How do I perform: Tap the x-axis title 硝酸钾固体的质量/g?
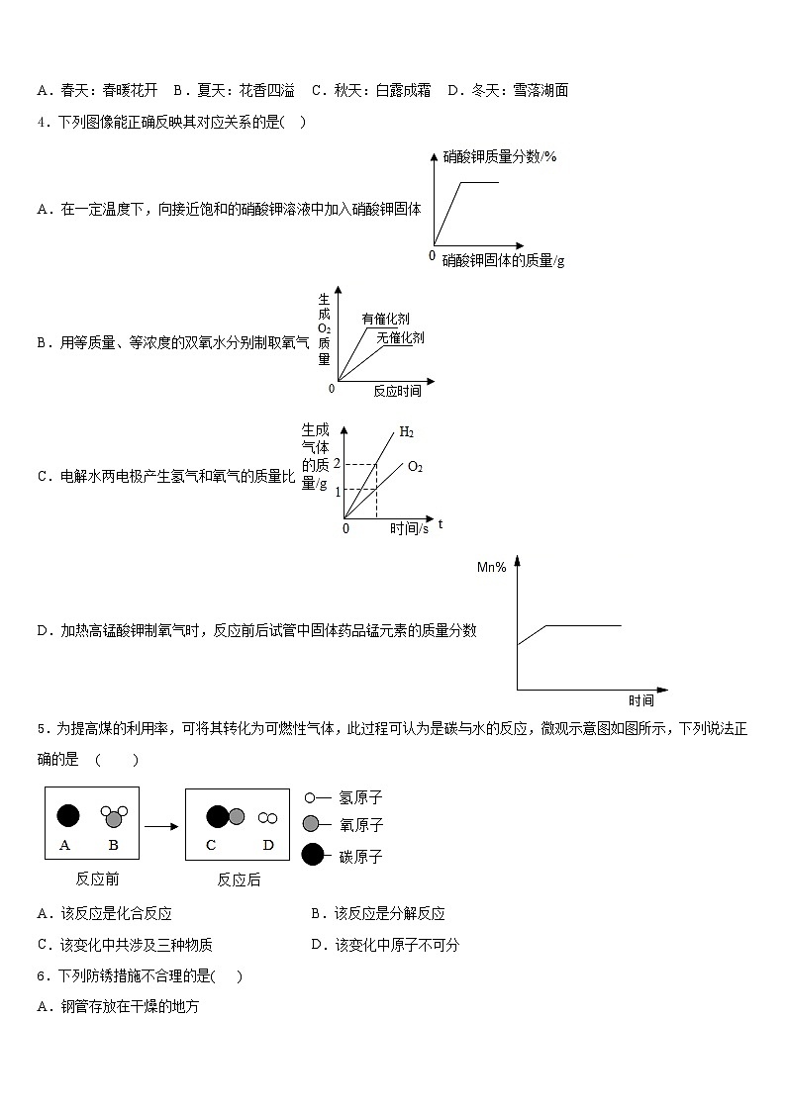[x=503, y=260]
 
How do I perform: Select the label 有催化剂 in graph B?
[x=385, y=319]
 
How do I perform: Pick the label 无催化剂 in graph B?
[x=400, y=337]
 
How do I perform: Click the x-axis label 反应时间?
[x=397, y=391]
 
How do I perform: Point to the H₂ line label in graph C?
[x=406, y=432]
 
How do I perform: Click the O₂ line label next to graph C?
[x=415, y=466]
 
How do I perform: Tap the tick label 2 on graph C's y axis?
[x=337, y=464]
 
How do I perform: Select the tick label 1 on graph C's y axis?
[x=337, y=491]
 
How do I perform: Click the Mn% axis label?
[x=492, y=567]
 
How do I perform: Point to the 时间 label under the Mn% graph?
[x=640, y=700]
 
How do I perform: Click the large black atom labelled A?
[x=67, y=816]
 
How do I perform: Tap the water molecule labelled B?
[x=113, y=816]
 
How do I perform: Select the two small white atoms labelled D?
[x=267, y=818]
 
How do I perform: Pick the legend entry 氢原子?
[x=360, y=797]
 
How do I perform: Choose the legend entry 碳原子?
[x=360, y=856]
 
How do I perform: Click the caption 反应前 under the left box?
[x=97, y=879]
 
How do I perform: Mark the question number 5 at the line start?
[x=41, y=729]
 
